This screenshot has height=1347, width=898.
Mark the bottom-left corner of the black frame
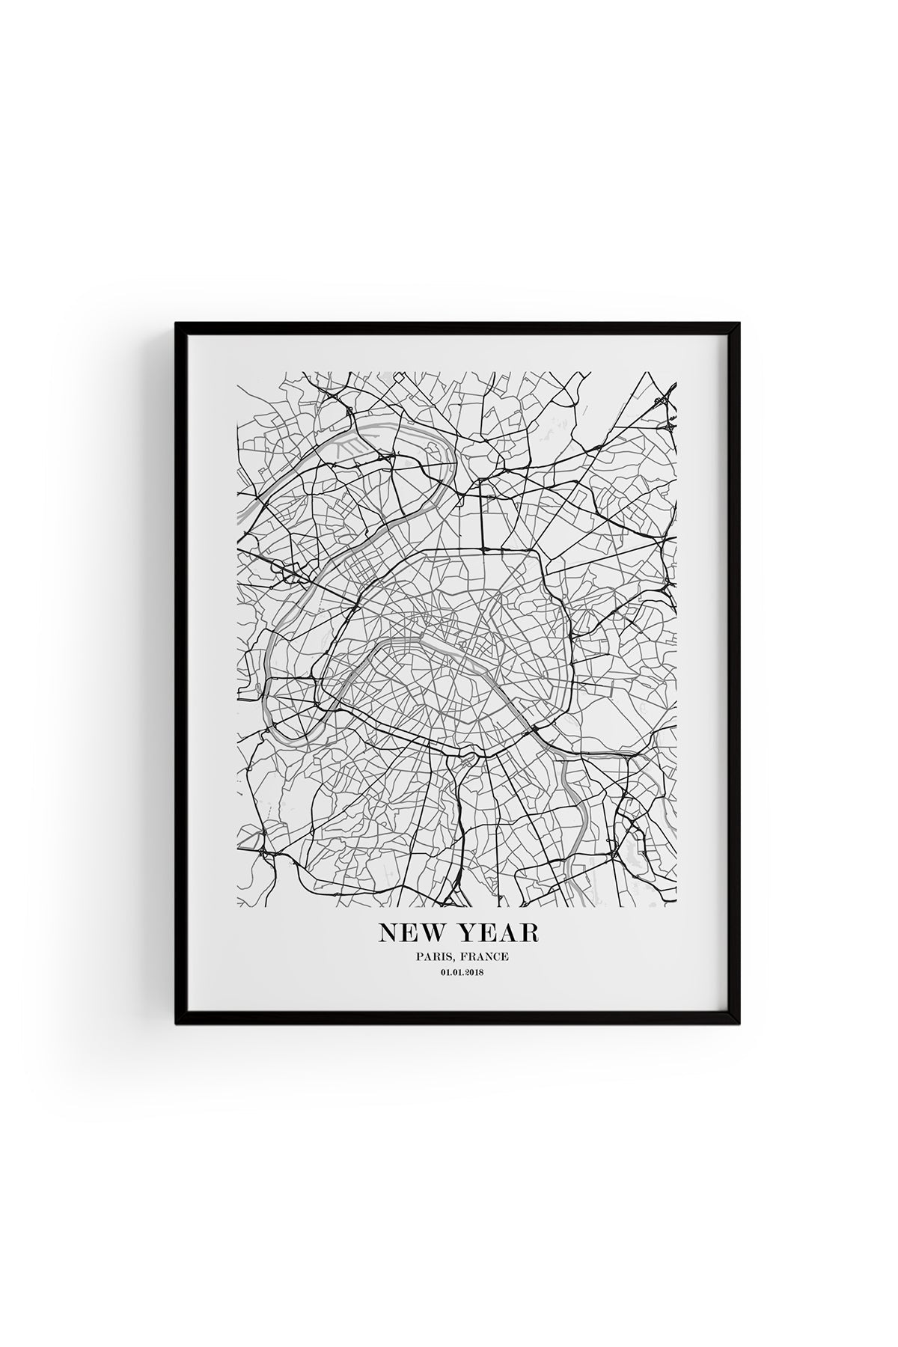[x=177, y=1024]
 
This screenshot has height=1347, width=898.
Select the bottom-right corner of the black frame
[x=739, y=1024]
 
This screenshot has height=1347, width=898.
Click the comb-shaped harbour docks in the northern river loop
[x=347, y=447]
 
